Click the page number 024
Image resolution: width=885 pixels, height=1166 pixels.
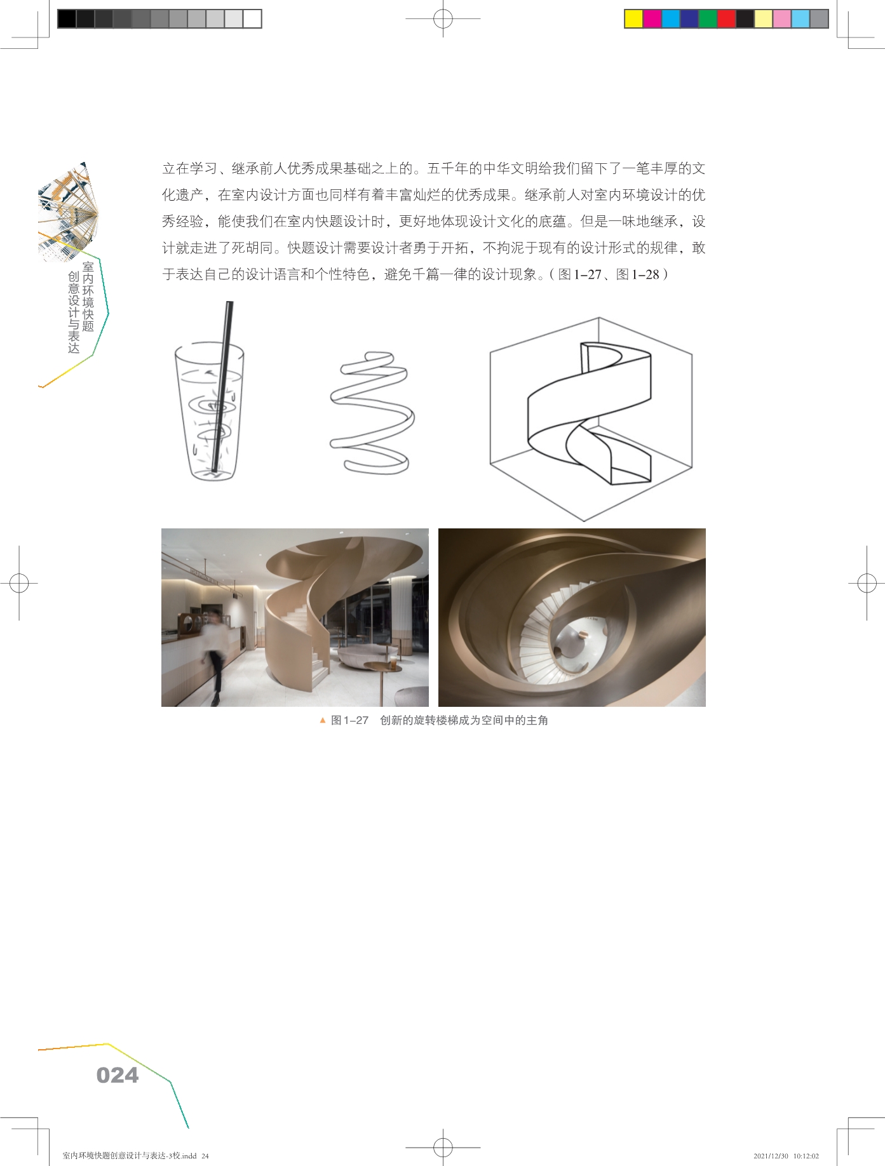pyautogui.click(x=118, y=1075)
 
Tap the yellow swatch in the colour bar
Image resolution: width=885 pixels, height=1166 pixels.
pyautogui.click(x=633, y=19)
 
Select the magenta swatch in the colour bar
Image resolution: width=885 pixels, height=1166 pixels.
pyautogui.click(x=652, y=19)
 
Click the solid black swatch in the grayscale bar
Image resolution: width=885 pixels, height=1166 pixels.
pyautogui.click(x=67, y=19)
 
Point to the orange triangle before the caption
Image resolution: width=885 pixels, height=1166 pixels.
pyautogui.click(x=323, y=720)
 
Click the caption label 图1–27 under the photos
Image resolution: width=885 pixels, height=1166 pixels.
pyautogui.click(x=349, y=720)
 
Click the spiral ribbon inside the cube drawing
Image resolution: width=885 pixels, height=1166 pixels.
pyautogui.click(x=590, y=413)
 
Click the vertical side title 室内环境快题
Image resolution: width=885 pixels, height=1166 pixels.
pyautogui.click(x=88, y=297)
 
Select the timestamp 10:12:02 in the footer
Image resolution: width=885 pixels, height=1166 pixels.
pyautogui.click(x=806, y=1156)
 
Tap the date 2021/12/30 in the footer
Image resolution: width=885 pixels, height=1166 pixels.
pyautogui.click(x=770, y=1156)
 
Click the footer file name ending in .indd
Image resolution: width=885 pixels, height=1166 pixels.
pyautogui.click(x=130, y=1156)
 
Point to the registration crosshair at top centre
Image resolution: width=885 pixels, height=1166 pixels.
pyautogui.click(x=443, y=19)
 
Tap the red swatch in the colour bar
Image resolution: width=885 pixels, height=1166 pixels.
pyautogui.click(x=726, y=19)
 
